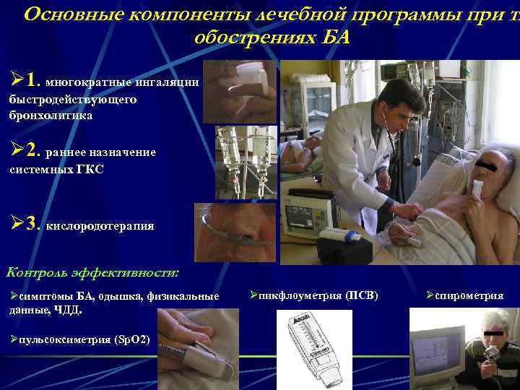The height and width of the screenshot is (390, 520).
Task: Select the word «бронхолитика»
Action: click(51, 115)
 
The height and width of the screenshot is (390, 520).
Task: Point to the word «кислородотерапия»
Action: click(100, 226)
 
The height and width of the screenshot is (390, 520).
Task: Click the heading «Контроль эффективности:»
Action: click(92, 272)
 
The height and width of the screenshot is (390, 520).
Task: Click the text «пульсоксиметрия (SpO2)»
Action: click(84, 339)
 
